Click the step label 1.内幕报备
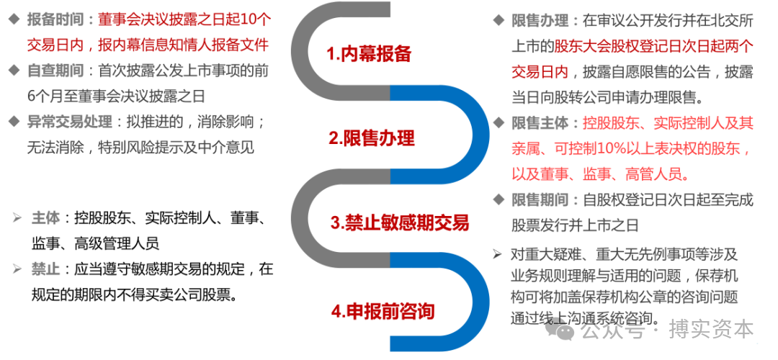tap(369, 53)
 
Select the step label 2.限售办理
tap(372, 138)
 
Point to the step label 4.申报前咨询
tap(383, 311)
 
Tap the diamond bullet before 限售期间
tap(498, 200)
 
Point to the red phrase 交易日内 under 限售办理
tap(540, 71)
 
